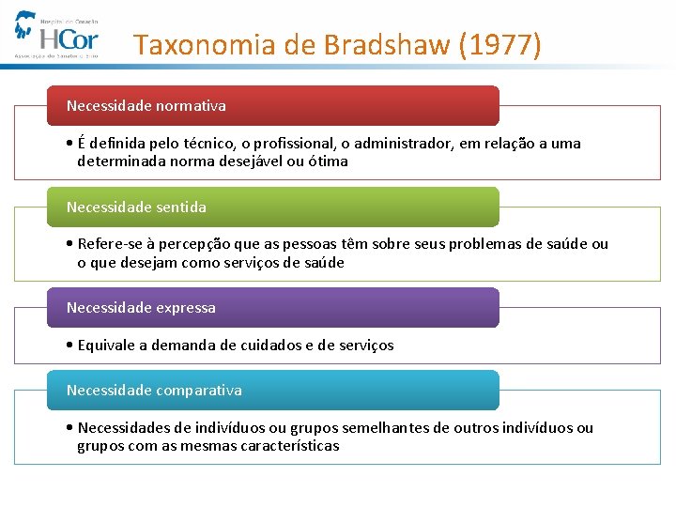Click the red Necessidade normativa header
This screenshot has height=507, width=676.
pyautogui.click(x=272, y=106)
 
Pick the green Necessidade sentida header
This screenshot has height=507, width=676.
pyautogui.click(x=272, y=207)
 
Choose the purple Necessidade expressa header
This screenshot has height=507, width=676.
pyautogui.click(x=272, y=307)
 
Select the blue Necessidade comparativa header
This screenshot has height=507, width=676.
pyautogui.click(x=272, y=390)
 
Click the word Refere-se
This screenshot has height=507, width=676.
pyautogui.click(x=110, y=244)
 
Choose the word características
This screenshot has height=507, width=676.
pyautogui.click(x=289, y=446)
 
